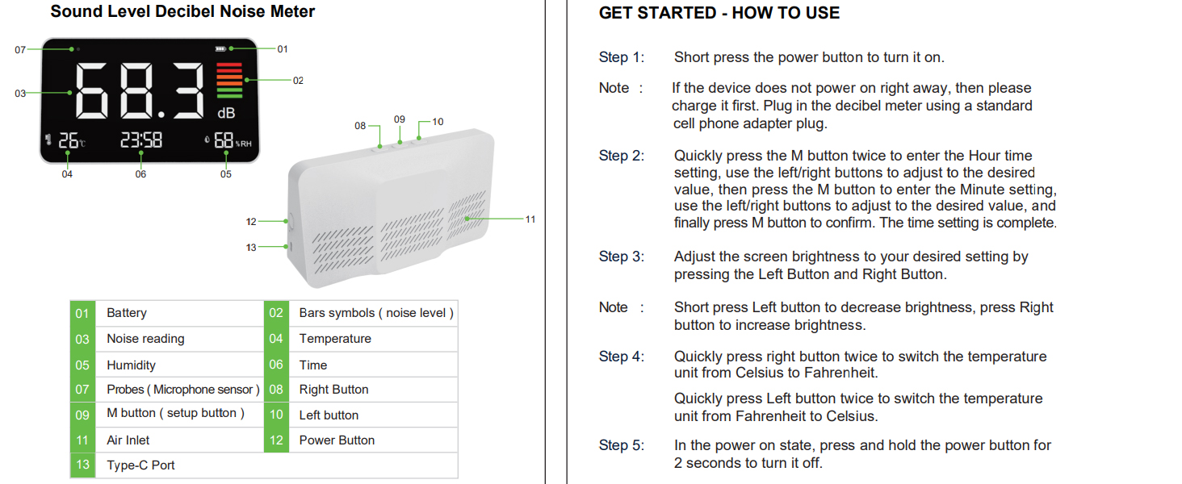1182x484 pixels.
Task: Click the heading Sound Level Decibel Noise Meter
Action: pos(182,12)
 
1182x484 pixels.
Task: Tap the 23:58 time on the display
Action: pos(141,140)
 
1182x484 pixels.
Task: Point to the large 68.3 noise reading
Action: pos(142,92)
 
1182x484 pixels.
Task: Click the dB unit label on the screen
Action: pos(226,114)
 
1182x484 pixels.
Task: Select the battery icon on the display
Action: pos(220,48)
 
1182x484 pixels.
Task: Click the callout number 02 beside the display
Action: pos(298,81)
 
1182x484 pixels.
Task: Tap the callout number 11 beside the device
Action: pos(530,219)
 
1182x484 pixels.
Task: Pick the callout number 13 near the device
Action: pos(251,248)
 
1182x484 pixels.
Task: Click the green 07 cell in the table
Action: pos(82,390)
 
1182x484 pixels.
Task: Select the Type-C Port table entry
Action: pos(140,465)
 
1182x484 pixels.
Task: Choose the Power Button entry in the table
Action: pos(337,440)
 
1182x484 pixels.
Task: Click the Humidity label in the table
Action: pos(131,365)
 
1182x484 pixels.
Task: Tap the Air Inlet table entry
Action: pos(128,440)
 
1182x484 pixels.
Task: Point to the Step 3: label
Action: pos(622,257)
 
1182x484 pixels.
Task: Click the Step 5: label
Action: pos(622,445)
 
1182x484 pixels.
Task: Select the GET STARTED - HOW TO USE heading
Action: pos(719,13)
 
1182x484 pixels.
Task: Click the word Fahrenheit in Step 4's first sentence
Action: pos(847,373)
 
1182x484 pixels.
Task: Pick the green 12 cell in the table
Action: pos(276,440)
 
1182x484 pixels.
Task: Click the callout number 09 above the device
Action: pos(400,119)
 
